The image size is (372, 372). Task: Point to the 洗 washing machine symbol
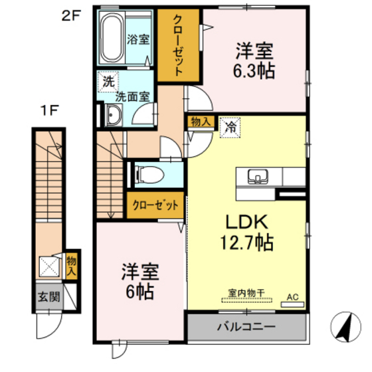tap(108, 82)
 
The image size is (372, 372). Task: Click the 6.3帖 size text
tap(255, 68)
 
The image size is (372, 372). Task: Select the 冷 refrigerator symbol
tap(230, 124)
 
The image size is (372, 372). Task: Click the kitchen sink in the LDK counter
tap(256, 177)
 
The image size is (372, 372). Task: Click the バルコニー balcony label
tap(246, 327)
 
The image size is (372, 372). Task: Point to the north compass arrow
tap(345, 327)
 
